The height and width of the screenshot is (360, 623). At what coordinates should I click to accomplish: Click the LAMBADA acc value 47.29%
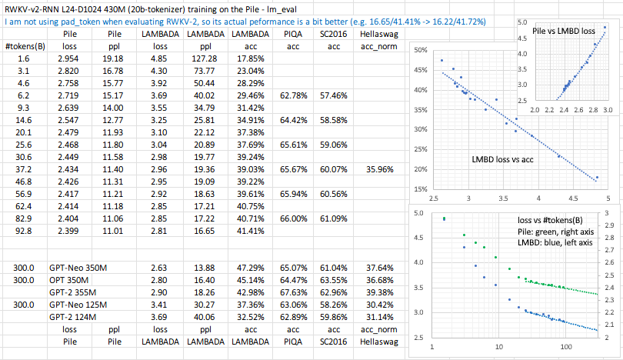(247, 266)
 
